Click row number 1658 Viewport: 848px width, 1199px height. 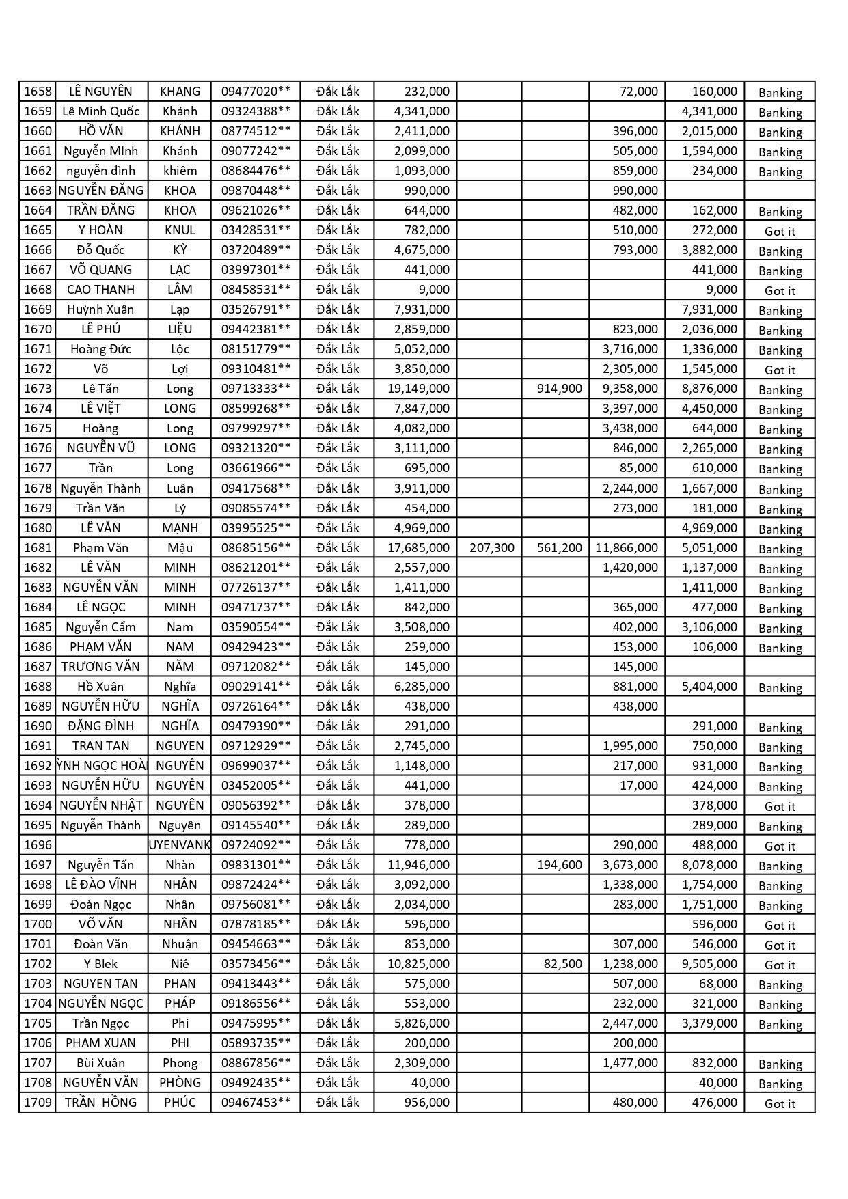(x=38, y=92)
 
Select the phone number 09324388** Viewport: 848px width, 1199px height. (x=256, y=111)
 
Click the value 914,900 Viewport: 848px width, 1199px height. (x=559, y=389)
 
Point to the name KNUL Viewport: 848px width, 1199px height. (x=180, y=230)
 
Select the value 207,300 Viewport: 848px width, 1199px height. (x=492, y=548)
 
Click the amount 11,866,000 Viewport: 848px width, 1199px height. (x=627, y=548)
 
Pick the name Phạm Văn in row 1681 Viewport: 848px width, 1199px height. (x=100, y=548)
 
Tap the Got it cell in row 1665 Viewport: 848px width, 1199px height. (x=780, y=232)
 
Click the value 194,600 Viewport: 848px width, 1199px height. (x=559, y=865)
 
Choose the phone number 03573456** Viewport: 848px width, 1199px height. (x=256, y=964)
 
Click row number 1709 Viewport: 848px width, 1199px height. (x=38, y=1103)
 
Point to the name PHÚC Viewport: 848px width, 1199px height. (x=180, y=1103)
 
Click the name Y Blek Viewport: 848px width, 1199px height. (x=100, y=964)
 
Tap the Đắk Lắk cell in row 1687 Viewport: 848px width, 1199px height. (x=338, y=667)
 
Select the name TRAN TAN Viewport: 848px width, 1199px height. (x=100, y=746)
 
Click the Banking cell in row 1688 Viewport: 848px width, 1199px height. (x=780, y=688)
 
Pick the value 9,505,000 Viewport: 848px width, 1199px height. (x=709, y=964)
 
